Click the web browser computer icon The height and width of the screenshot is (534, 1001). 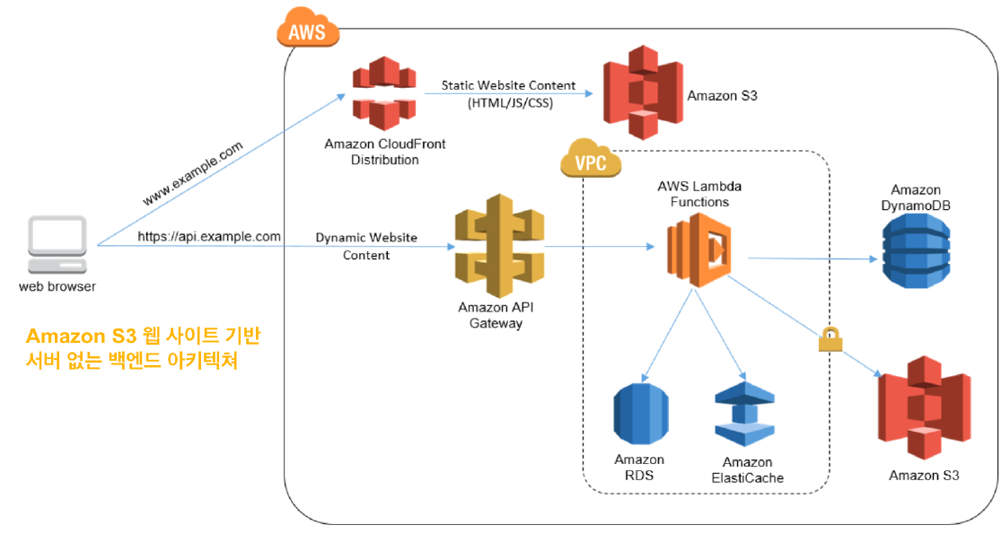pos(58,245)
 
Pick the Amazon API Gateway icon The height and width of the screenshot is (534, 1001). pos(495,248)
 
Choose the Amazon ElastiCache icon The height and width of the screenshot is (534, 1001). pos(744,416)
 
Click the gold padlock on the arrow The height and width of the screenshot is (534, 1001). pos(830,338)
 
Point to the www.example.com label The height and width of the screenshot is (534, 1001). pos(192,173)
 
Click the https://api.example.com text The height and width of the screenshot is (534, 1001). pos(209,237)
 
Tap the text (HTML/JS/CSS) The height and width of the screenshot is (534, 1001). pos(510,104)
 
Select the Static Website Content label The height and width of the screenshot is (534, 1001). pos(508,85)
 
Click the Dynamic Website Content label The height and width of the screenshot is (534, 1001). pos(366,247)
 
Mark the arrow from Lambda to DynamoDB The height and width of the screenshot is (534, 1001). pos(812,258)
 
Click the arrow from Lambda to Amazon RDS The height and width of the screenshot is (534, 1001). pos(669,332)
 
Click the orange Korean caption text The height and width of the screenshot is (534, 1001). pos(144,349)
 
